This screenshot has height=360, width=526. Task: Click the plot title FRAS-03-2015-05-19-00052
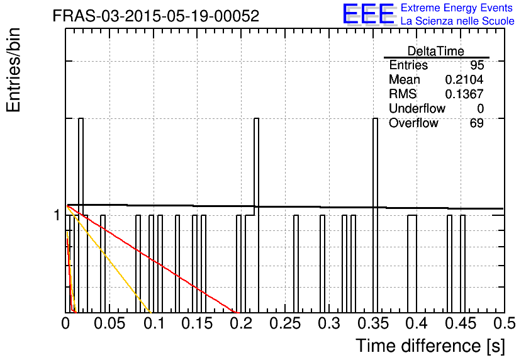156,16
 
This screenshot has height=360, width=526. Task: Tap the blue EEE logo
369,14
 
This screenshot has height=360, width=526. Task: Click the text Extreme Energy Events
457,8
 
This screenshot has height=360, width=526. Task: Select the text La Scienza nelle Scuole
457,21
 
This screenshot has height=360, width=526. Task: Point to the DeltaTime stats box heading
436,51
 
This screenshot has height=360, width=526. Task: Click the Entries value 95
477,65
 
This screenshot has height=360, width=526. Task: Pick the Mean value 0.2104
464,79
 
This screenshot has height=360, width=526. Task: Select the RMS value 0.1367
464,94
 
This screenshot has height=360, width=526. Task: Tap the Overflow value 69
477,123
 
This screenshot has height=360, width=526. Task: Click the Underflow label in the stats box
417,108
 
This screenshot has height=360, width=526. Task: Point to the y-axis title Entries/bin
13,70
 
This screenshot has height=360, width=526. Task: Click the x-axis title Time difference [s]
430,346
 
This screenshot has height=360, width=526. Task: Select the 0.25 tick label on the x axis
285,323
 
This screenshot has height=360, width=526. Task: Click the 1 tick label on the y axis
57,215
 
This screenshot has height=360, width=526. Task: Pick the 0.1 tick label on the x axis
154,323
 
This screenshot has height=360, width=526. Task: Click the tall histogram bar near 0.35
375,215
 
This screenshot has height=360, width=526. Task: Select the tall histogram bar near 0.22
256,215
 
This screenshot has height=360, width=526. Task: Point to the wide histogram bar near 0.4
412,264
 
